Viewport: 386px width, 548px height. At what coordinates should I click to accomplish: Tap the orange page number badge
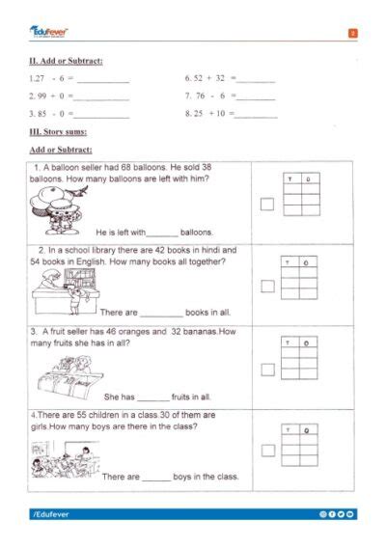click(x=353, y=34)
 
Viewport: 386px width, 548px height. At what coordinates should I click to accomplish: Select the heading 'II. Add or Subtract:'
click(x=67, y=62)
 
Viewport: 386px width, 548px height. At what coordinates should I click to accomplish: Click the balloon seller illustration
click(x=60, y=209)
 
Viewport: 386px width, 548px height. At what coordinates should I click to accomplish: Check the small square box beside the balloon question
click(x=267, y=204)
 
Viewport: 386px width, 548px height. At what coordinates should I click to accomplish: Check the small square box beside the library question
click(x=267, y=286)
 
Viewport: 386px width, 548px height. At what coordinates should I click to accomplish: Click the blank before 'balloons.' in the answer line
click(x=163, y=233)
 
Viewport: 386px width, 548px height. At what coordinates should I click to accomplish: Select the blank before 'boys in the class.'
click(x=156, y=478)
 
